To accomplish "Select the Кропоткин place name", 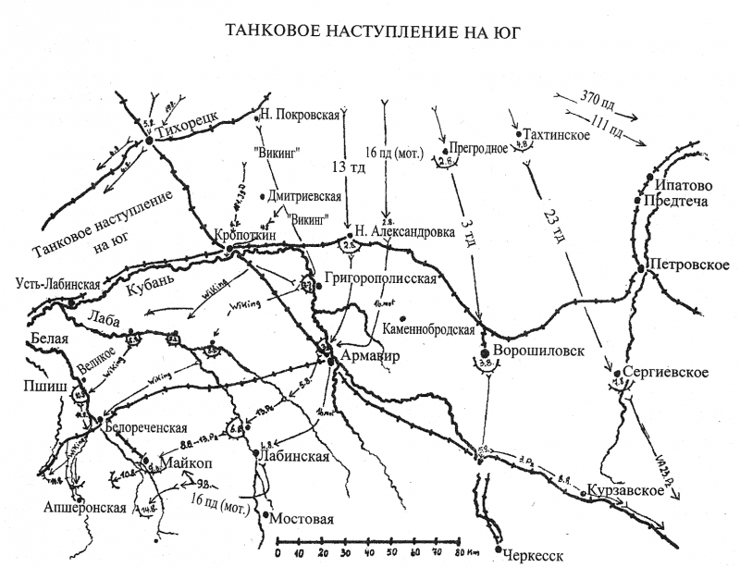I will [244, 235].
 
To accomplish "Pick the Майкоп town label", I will [188, 462].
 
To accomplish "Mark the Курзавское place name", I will [626, 490].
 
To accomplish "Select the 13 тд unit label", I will [342, 167].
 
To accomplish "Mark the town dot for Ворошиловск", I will [484, 352].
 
